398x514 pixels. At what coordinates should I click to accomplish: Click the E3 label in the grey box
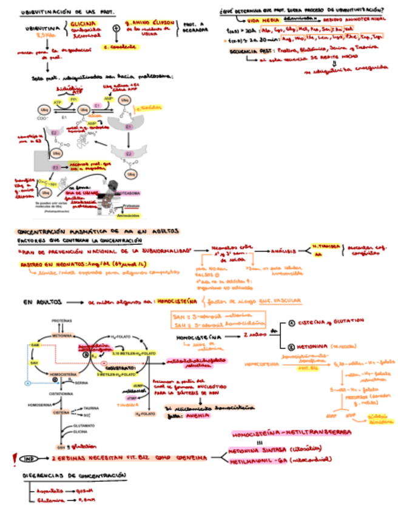[x=55, y=167]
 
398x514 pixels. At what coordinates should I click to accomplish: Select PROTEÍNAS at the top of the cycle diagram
[x=62, y=320]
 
